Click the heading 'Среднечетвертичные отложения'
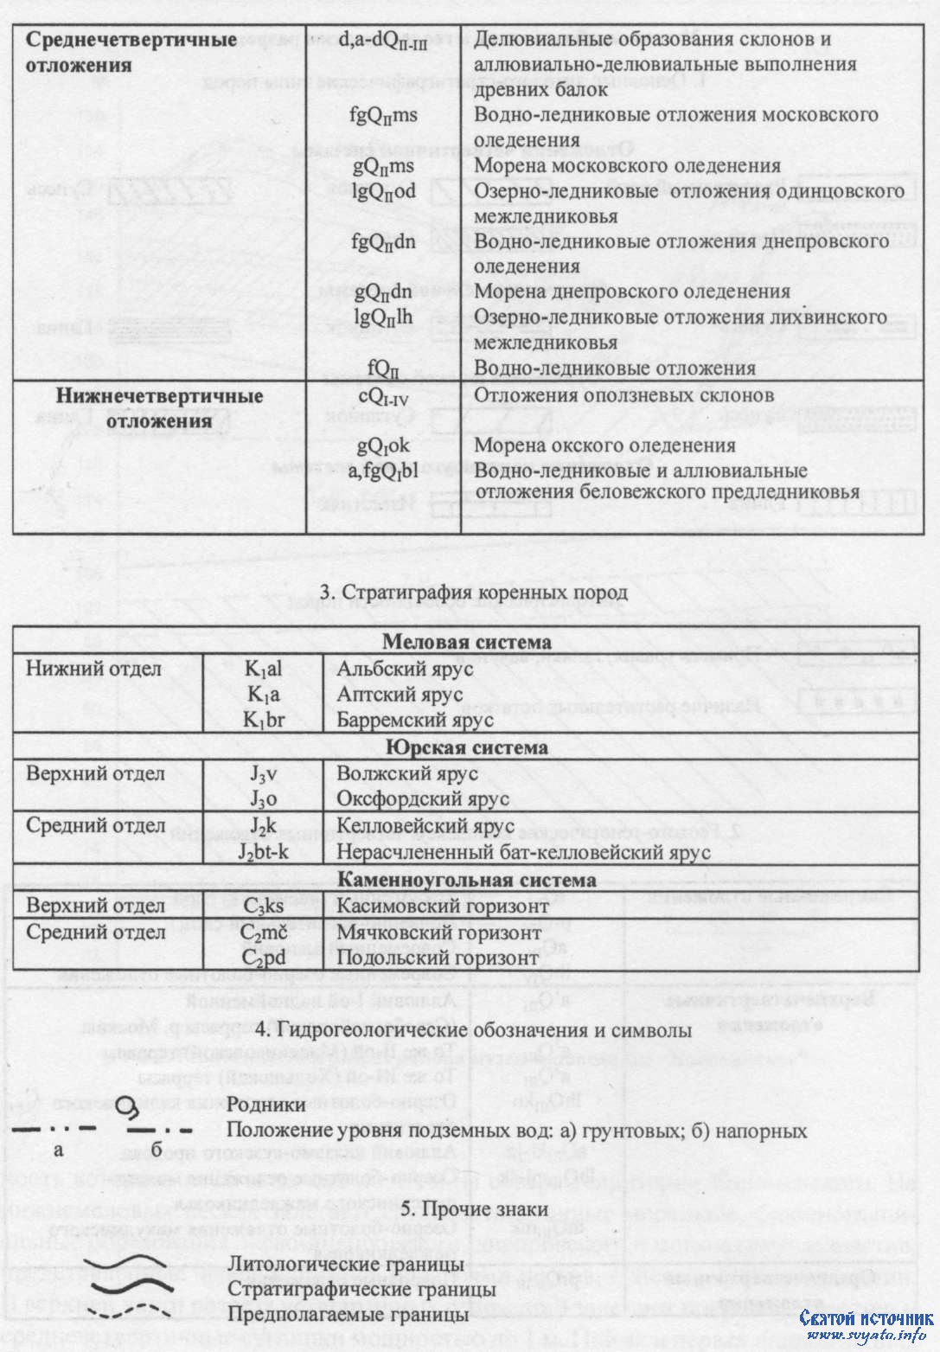coord(131,52)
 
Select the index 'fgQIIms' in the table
coord(384,115)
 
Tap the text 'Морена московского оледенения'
coord(615,165)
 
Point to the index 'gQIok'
coord(383,445)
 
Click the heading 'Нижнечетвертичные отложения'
coord(160,408)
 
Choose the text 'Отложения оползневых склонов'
coord(623,394)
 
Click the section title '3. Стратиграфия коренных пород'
coord(474,593)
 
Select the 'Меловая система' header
coord(466,642)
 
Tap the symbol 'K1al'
coord(264,669)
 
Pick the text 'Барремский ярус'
coord(415,720)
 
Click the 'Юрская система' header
coord(466,747)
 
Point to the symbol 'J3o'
coord(264,799)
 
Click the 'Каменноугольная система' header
coord(466,880)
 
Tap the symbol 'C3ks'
coord(264,907)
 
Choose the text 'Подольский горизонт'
coord(438,958)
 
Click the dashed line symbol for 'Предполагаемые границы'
coord(130,1315)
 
